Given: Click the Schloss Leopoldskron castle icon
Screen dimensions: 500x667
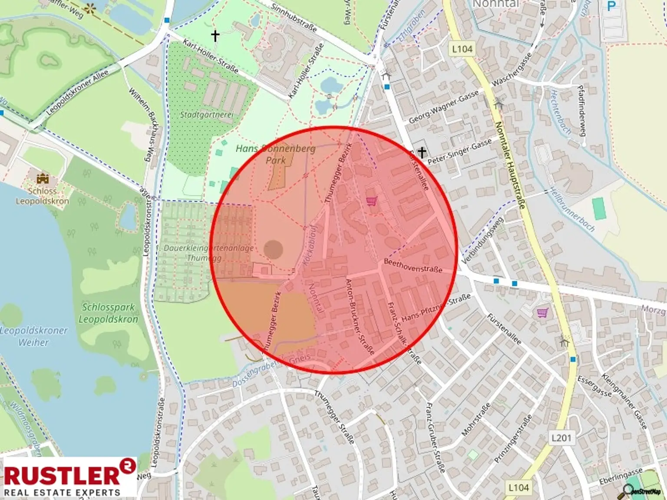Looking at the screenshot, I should tap(43, 178).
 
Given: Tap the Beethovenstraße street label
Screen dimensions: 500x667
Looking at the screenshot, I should tap(413, 266).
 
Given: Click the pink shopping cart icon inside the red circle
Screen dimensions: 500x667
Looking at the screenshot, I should tap(371, 201).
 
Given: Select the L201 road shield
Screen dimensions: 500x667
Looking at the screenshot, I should tap(561, 437).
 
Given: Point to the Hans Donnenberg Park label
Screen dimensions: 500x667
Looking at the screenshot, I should tap(276, 154).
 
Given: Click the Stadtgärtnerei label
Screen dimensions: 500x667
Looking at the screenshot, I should tap(207, 115).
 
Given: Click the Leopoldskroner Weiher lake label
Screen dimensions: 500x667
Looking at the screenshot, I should tap(34, 336).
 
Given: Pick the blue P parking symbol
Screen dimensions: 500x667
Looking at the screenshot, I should tap(611, 7).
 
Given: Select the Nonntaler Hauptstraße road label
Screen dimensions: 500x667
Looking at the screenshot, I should tap(510, 165).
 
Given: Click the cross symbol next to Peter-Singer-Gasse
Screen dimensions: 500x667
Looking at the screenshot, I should tap(421, 152).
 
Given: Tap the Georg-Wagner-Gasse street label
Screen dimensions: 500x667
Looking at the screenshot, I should tap(443, 106).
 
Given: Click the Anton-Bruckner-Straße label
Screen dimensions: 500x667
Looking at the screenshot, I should tap(359, 316).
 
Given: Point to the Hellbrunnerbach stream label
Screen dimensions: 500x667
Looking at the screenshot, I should tap(572, 209).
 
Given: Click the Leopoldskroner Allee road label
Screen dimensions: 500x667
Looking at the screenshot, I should tap(77, 92).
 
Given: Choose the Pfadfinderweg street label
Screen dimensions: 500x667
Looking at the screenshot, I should tap(582, 110).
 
